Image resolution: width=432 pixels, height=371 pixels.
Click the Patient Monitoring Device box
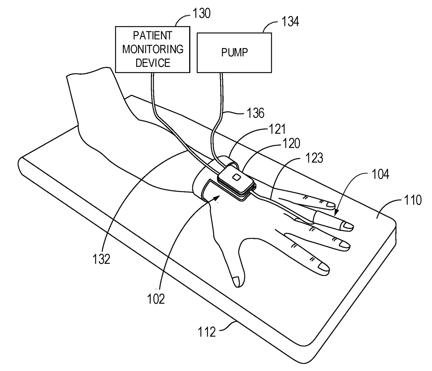pyautogui.click(x=153, y=49)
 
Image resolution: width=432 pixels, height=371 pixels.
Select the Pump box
pyautogui.click(x=234, y=53)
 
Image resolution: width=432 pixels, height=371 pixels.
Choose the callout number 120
pyautogui.click(x=291, y=143)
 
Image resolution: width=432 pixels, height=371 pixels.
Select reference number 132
pyautogui.click(x=102, y=259)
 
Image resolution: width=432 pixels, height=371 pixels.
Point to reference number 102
pyautogui.click(x=156, y=299)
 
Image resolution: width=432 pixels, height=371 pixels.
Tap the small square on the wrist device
pyautogui.click(x=236, y=177)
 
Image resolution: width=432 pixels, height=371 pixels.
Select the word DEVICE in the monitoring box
pyautogui.click(x=153, y=63)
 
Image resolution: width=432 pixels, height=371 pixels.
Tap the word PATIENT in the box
pyautogui.click(x=153, y=35)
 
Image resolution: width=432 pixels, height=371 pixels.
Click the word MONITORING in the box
pyautogui.click(x=153, y=49)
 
